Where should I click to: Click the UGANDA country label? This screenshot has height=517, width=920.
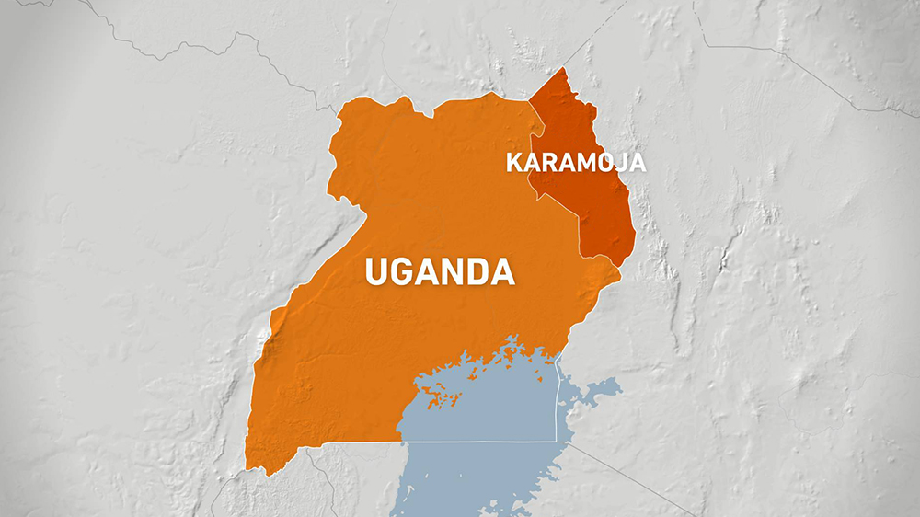point(439,272)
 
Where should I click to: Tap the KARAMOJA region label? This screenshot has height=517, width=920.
point(575,164)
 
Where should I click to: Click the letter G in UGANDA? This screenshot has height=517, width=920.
point(407,272)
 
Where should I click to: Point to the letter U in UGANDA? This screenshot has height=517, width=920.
point(377,272)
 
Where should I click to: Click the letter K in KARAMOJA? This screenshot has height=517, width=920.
point(513,164)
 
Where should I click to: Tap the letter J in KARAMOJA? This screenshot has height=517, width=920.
point(617,164)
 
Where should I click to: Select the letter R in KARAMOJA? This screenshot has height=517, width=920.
point(547,164)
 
